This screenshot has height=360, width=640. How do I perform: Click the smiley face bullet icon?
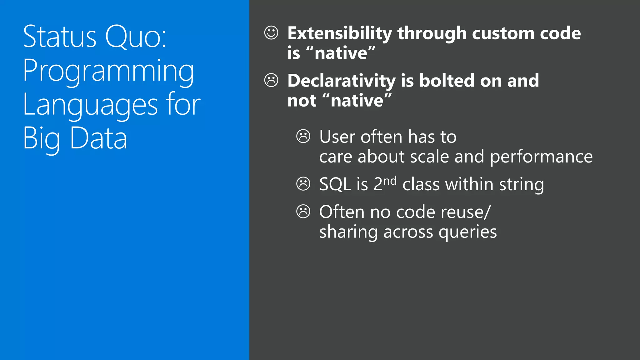coord(271,32)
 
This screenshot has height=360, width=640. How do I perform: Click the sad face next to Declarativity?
coord(271,80)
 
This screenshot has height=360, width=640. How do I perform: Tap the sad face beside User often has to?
coord(303,136)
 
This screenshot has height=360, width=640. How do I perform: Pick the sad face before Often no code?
coord(303,212)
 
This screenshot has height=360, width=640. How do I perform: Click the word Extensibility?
coord(339,34)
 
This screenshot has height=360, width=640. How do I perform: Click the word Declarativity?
coord(342,81)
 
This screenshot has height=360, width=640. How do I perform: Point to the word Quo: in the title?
coord(136,37)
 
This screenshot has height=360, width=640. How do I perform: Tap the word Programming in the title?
coord(108,71)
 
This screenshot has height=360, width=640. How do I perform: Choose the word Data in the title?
coord(98,138)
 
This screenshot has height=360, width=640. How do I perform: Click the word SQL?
coord(335,184)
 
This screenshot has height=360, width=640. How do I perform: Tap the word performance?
coord(541,157)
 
